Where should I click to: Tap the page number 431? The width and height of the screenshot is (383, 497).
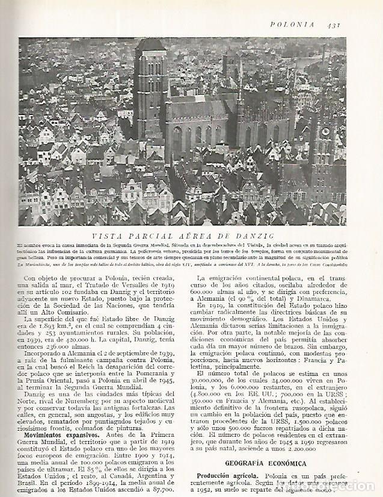(335, 25)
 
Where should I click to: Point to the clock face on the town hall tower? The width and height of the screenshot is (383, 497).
(325, 131)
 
